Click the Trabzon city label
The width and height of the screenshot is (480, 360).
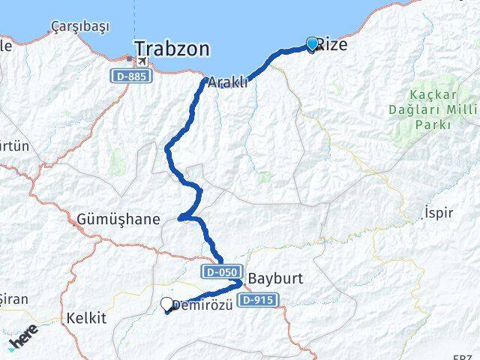point(172,49)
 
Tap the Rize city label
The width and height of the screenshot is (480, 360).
point(331,45)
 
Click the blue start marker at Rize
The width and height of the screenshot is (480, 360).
point(312,44)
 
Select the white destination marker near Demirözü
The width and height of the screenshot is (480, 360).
point(167,304)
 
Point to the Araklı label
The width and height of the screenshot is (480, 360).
point(228,83)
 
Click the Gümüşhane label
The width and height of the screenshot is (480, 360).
point(118,220)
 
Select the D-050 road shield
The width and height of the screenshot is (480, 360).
point(220,271)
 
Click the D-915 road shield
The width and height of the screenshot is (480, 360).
point(258,300)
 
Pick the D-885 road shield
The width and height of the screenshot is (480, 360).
point(130,76)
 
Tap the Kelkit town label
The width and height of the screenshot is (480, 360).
point(87,318)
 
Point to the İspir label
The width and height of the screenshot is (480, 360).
point(438,213)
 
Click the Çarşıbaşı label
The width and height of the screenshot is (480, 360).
point(80,27)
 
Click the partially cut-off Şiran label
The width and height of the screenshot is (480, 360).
point(13,299)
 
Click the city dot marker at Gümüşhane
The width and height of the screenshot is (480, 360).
point(181,219)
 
